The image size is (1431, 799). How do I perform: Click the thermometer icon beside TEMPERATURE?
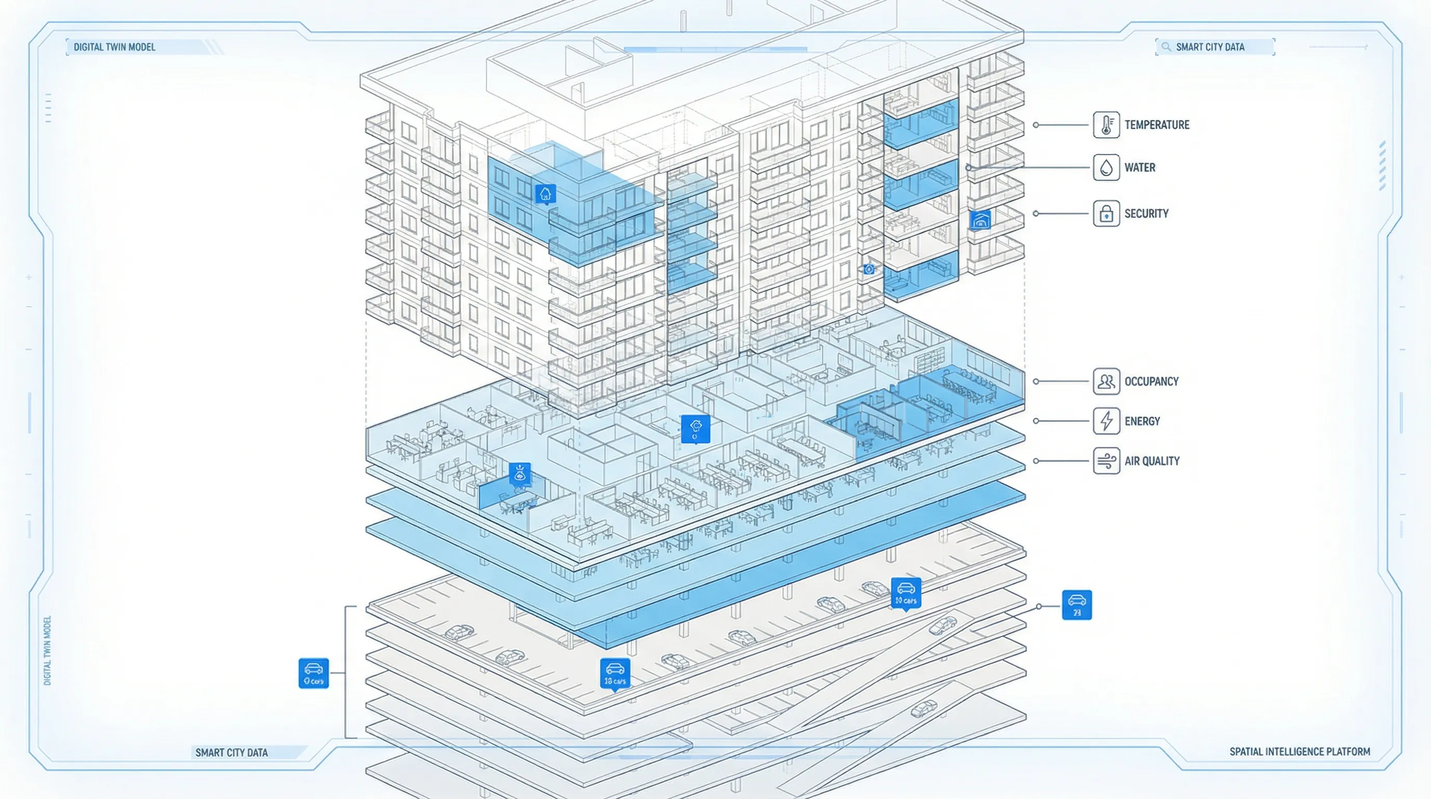[1105, 124]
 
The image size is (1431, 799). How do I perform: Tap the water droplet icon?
[1105, 167]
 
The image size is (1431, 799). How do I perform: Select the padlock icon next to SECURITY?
[1105, 213]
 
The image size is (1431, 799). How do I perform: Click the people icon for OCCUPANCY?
[1105, 381]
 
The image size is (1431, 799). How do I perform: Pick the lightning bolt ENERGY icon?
[1105, 421]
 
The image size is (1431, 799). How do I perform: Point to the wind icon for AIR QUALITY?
[1105, 460]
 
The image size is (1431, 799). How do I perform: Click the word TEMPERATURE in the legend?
[1156, 124]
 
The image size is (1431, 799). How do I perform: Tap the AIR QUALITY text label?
[1152, 460]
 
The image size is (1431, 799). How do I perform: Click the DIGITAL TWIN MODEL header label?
[114, 47]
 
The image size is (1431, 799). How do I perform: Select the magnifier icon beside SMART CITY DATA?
[1165, 47]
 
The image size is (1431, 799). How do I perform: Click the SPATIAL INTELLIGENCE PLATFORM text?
[1299, 751]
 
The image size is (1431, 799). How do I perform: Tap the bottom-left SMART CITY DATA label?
[231, 752]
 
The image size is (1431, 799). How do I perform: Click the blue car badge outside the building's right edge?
[1076, 604]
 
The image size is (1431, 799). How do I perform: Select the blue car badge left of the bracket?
[314, 673]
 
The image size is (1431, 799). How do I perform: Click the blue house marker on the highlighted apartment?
[545, 194]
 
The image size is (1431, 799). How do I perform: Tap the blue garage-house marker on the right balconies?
[980, 220]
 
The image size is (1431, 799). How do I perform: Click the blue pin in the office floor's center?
[695, 429]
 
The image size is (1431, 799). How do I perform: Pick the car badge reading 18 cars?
[615, 673]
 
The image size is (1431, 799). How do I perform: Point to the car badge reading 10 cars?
[905, 592]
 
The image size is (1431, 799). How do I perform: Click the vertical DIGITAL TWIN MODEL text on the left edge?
[47, 650]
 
